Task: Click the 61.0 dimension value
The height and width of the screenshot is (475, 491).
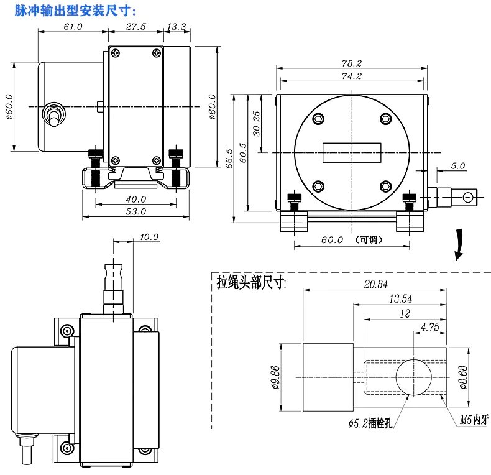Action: [73, 27]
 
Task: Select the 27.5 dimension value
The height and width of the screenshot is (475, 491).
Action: [135, 27]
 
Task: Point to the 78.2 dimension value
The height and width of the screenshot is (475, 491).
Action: [351, 63]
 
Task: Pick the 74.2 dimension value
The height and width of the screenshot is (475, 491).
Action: [351, 76]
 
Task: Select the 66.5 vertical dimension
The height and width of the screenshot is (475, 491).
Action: [229, 159]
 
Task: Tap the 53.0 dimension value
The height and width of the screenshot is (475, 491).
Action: [135, 211]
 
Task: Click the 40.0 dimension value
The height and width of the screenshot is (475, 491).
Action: [135, 200]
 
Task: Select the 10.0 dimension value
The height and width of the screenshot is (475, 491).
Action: [149, 237]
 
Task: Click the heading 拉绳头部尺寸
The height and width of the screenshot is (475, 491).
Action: [250, 283]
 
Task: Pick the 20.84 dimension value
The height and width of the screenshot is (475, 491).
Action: [374, 285]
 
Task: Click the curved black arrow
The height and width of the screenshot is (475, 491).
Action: [459, 244]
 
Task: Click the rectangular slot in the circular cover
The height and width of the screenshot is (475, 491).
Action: [351, 152]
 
